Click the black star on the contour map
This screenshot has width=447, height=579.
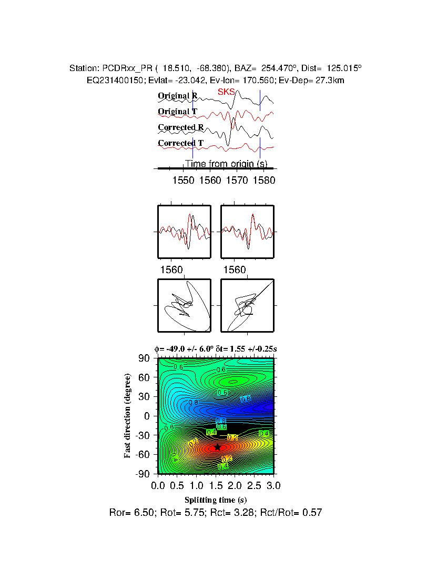pyautogui.click(x=217, y=447)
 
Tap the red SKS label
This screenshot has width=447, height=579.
pyautogui.click(x=226, y=92)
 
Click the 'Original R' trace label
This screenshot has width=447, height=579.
pyautogui.click(x=178, y=96)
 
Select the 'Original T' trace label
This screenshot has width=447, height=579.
pyautogui.click(x=178, y=112)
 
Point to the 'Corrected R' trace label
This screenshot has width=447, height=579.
pyautogui.click(x=180, y=127)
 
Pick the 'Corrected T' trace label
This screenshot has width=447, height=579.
pyautogui.click(x=180, y=143)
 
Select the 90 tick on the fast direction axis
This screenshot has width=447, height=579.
pyautogui.click(x=145, y=358)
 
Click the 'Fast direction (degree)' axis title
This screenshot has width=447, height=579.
pyautogui.click(x=128, y=416)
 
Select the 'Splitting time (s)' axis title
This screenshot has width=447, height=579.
pyautogui.click(x=216, y=500)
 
